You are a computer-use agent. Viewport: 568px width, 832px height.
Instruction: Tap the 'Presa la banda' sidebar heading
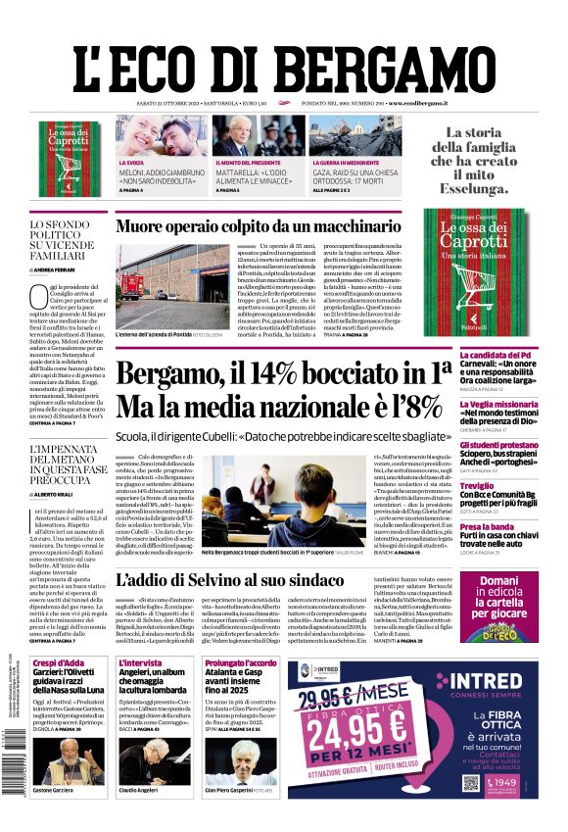tap(487, 526)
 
